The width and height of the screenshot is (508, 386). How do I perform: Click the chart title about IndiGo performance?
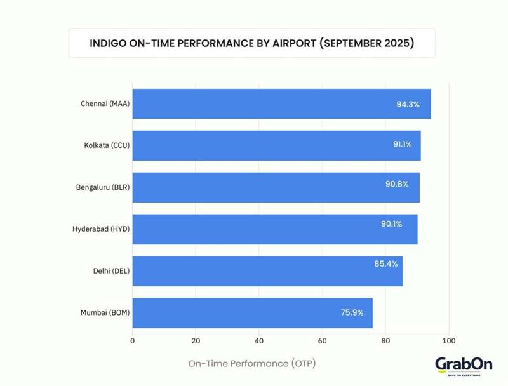point(252,43)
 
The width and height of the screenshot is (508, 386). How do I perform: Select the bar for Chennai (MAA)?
point(281,104)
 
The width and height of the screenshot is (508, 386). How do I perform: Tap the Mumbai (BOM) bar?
point(252,313)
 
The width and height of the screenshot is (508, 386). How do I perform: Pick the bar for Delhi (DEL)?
point(267,271)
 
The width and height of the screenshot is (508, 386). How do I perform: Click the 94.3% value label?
point(408,104)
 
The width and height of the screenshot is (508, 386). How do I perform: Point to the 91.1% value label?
point(402,144)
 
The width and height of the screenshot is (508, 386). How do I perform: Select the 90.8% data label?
point(397,184)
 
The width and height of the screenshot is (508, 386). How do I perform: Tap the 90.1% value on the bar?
point(391,223)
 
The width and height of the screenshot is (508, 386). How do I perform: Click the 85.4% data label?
point(386,263)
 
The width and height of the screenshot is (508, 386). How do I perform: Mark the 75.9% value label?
point(352,312)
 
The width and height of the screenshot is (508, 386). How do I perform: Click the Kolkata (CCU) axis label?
point(107,145)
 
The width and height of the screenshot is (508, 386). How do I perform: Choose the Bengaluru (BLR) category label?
point(103,187)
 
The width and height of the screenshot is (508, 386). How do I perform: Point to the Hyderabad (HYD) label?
point(101,229)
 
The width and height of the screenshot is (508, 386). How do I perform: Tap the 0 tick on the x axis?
point(132,341)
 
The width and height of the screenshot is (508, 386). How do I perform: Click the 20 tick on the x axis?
point(196,341)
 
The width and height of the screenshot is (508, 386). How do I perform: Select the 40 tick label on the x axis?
point(258,341)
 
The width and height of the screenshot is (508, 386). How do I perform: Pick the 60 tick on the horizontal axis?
point(322,341)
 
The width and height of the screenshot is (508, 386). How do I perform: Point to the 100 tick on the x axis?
point(448,341)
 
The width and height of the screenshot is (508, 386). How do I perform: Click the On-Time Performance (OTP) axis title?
point(252,364)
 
